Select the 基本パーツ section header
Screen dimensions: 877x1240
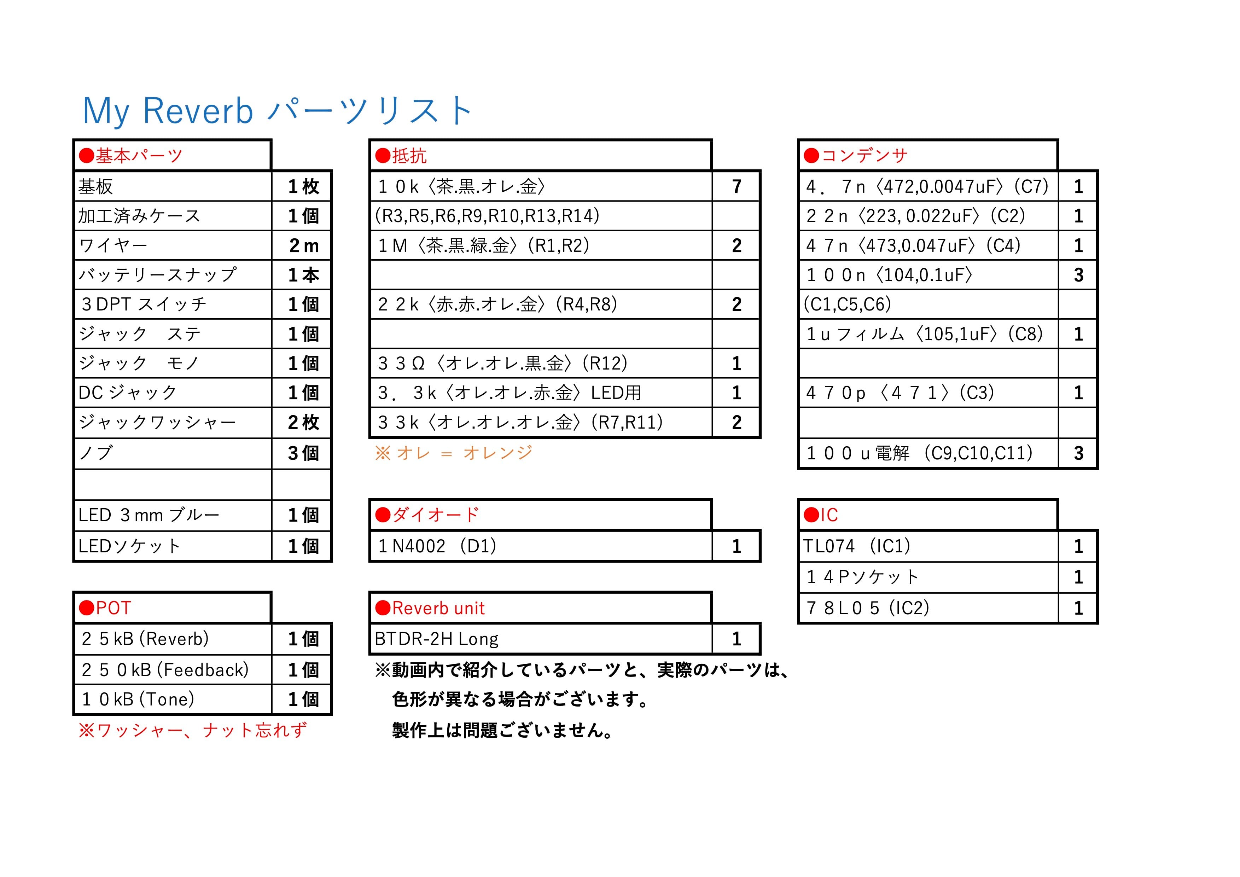pyautogui.click(x=131, y=156)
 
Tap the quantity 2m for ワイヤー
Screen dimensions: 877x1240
pyautogui.click(x=303, y=246)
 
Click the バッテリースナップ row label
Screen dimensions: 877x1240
pyautogui.click(x=157, y=275)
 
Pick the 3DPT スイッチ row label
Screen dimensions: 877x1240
pyautogui.click(x=144, y=304)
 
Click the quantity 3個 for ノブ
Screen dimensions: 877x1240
pyautogui.click(x=303, y=453)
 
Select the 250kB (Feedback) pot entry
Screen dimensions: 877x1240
pyautogui.click(x=165, y=670)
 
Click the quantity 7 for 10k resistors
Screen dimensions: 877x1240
pyautogui.click(x=737, y=187)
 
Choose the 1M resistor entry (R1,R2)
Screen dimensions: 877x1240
pyautogui.click(x=483, y=246)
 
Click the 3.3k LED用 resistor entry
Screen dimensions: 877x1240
pyautogui.click(x=509, y=393)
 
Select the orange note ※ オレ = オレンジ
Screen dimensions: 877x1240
pyautogui.click(x=454, y=453)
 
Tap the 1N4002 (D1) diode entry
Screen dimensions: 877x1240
pyautogui.click(x=437, y=546)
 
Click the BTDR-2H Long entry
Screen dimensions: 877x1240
pyautogui.click(x=436, y=639)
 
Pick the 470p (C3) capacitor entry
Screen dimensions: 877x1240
pyautogui.click(x=900, y=393)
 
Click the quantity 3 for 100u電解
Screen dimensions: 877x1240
pyautogui.click(x=1078, y=453)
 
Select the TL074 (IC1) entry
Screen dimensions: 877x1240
pyautogui.click(x=857, y=546)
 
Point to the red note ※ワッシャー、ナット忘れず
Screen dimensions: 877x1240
pyautogui.click(x=193, y=731)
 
